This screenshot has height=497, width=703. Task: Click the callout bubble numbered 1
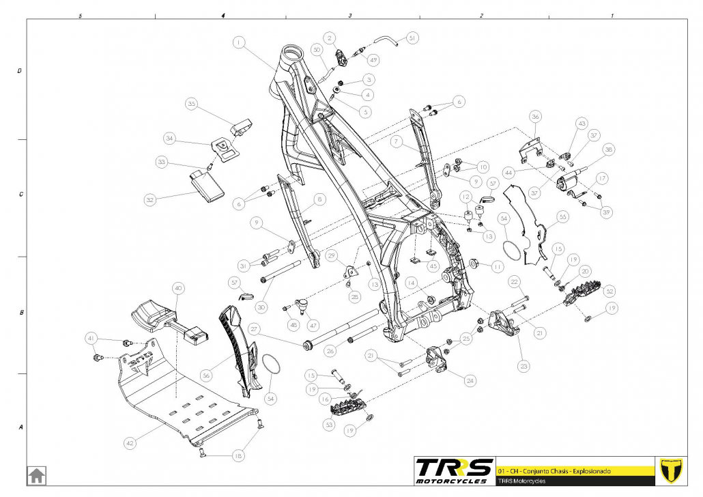tap(238, 42)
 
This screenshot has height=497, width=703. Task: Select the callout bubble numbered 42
tap(130, 443)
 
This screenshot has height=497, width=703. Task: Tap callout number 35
tap(192, 104)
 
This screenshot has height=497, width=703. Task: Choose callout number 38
tap(608, 150)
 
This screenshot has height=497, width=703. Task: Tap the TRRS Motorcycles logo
tap(454, 470)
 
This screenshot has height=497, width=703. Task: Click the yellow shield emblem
tap(672, 470)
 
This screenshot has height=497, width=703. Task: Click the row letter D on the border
tap(19, 71)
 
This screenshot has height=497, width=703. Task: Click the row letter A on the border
tap(19, 427)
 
